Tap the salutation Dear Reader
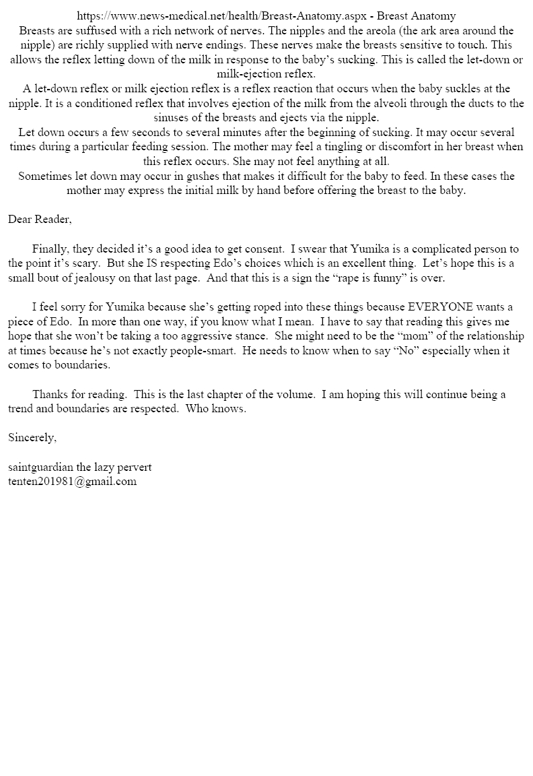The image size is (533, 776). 40,219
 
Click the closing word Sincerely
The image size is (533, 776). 32,438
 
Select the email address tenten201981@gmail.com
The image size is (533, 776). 72,481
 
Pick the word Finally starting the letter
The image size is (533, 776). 49,249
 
